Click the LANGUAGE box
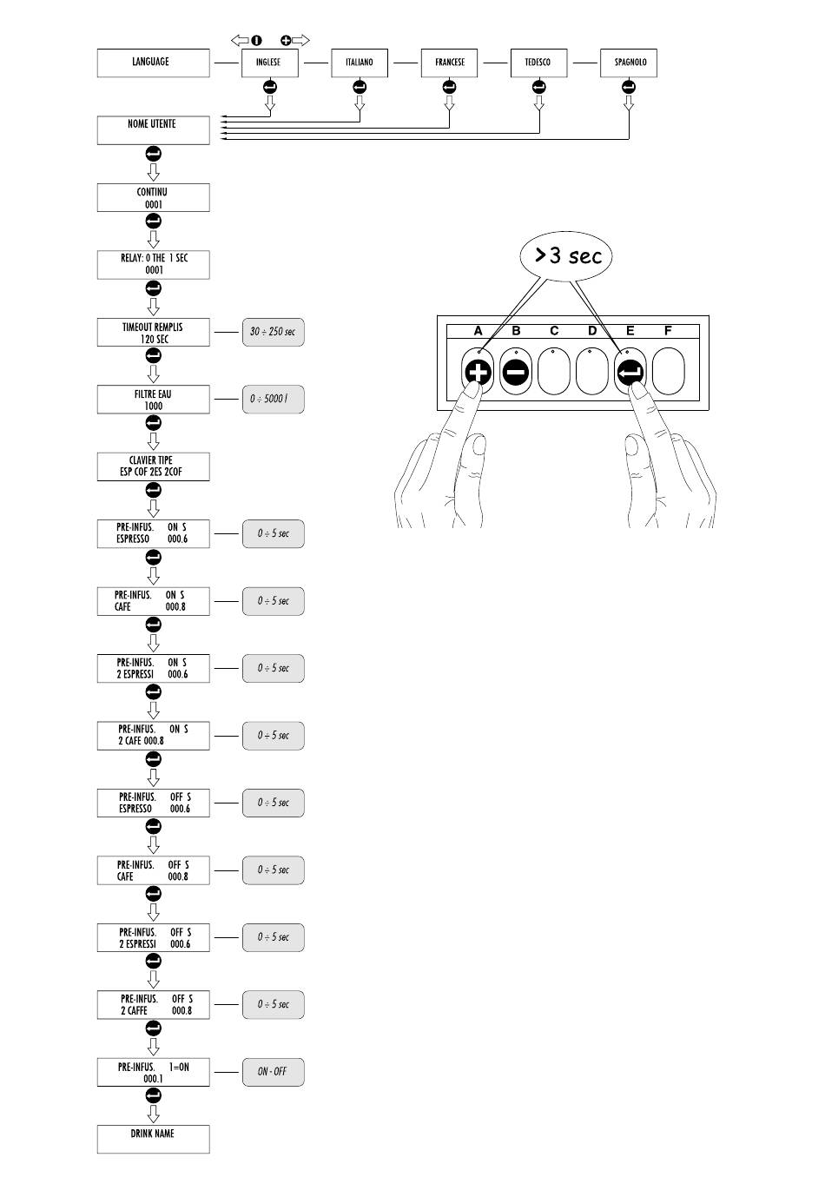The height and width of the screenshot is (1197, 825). [153, 63]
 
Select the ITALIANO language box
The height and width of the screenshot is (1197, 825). [359, 63]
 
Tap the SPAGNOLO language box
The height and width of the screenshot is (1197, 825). [629, 63]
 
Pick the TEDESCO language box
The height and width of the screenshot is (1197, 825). [538, 63]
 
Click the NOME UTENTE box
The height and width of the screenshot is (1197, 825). [153, 129]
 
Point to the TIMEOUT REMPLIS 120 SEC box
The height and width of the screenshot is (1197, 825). [153, 332]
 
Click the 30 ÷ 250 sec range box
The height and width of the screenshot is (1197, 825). [273, 332]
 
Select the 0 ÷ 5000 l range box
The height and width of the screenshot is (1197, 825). [273, 400]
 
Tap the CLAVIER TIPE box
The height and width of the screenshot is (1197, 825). [153, 466]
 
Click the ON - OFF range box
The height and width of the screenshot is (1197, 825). [273, 1071]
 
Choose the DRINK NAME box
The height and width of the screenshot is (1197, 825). [153, 1139]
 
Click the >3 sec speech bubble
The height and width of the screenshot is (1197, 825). [566, 256]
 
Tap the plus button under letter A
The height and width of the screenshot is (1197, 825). [478, 372]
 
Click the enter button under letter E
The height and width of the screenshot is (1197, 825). [630, 372]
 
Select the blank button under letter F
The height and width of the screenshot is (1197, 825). [668, 371]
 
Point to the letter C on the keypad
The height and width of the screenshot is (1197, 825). [554, 331]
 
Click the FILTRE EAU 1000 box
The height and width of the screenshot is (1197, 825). [153, 400]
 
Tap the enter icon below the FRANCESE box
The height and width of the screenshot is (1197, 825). [449, 87]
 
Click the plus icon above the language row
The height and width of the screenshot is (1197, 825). [286, 40]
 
